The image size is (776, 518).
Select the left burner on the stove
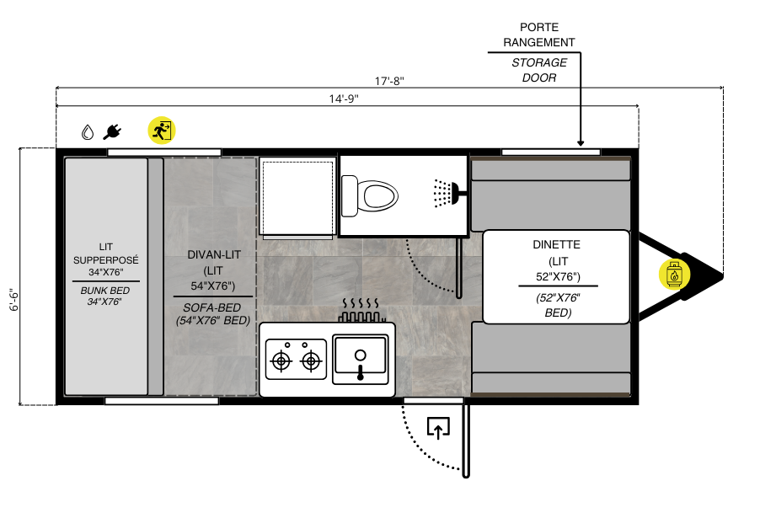pos(281,360)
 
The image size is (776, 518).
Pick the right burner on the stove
pos(311,360)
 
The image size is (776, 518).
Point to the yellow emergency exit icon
pos(162,131)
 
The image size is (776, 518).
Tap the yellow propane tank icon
pos(674,274)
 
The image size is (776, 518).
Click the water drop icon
pos(88,132)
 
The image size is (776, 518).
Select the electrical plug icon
pos(112,132)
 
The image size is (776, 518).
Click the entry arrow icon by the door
pos(438,428)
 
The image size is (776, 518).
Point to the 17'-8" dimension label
pos(389,81)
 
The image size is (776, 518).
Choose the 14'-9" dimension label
pos(344,99)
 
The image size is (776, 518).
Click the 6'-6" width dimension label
pos(13,301)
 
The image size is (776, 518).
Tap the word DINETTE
pos(556,244)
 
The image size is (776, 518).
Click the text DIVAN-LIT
pos(214,255)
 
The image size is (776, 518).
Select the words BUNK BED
pos(105,291)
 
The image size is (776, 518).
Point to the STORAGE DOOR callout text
pos(539,70)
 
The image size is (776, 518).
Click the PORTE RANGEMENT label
pos(539,35)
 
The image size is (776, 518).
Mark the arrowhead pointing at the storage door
pos(581,143)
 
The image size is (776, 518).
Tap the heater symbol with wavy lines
pos(361,311)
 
